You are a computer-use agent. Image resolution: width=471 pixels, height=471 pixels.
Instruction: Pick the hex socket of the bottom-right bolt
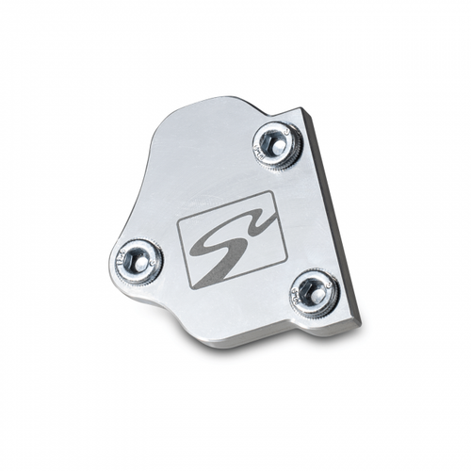pyautogui.click(x=314, y=290)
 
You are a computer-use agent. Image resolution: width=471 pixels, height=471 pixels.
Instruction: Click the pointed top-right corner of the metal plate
pyautogui.click(x=304, y=110)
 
